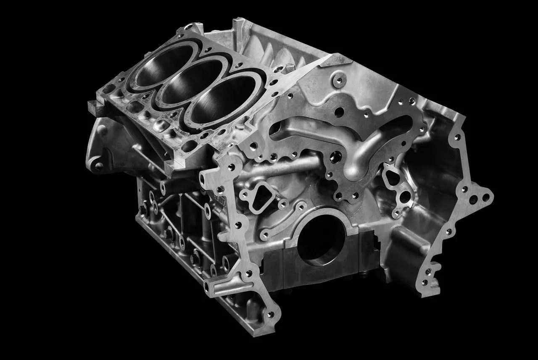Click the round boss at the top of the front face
point(338,79)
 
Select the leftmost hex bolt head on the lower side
point(143,208)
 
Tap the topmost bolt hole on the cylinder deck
point(187,29)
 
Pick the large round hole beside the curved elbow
point(335,158)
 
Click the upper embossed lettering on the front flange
point(219,197)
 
